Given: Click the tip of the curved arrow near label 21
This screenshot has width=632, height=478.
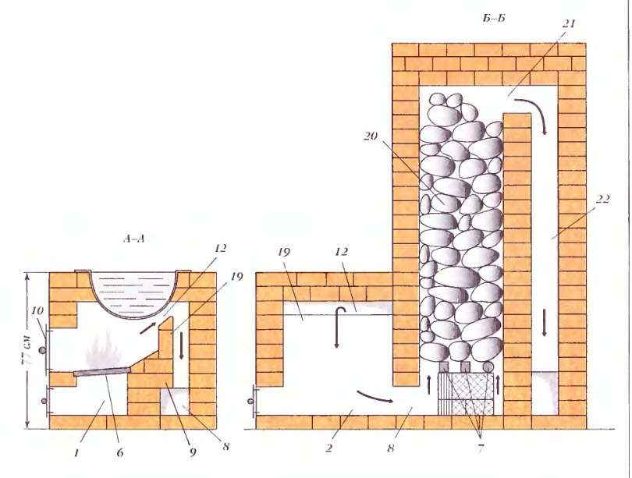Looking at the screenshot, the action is pyautogui.click(x=545, y=134).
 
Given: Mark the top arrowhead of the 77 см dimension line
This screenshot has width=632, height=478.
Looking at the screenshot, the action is pyautogui.click(x=27, y=274).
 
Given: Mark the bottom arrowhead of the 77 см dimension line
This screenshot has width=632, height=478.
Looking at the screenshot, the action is pyautogui.click(x=27, y=428).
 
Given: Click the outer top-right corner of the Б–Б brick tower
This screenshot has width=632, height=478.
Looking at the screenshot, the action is pyautogui.click(x=586, y=43).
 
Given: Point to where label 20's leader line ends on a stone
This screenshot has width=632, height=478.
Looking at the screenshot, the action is pyautogui.click(x=445, y=204).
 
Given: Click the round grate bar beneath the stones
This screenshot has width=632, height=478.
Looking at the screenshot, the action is pyautogui.click(x=488, y=366).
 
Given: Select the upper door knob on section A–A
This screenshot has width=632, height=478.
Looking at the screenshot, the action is pyautogui.click(x=42, y=350).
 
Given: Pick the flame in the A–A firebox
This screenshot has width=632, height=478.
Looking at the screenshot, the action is pyautogui.click(x=104, y=352).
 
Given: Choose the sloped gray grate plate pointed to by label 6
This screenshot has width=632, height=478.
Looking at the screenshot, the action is pyautogui.click(x=101, y=371).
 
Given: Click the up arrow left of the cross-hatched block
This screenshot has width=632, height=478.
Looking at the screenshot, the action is pyautogui.click(x=428, y=384).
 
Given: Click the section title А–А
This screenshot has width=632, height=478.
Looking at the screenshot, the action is pyautogui.click(x=133, y=239).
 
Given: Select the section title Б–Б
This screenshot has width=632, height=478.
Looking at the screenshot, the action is pyautogui.click(x=493, y=19).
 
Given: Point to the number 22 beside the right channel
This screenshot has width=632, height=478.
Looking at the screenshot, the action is pyautogui.click(x=602, y=199).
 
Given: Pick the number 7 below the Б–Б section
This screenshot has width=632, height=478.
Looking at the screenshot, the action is pyautogui.click(x=480, y=448).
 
